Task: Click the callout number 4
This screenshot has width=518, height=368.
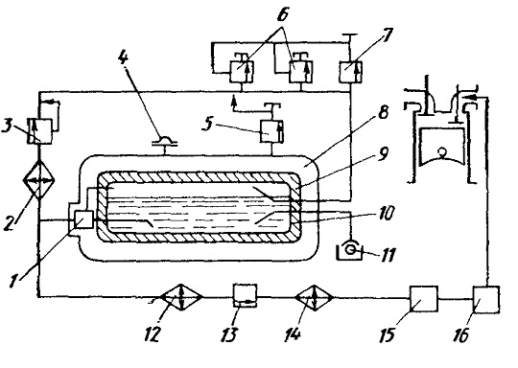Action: pos(123,58)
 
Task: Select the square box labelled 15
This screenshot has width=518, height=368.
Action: pos(424,299)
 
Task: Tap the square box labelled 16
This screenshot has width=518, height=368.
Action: pos(486,299)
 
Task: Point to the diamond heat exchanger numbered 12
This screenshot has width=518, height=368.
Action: pos(180,297)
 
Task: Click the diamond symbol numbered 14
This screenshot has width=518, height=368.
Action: pos(315,298)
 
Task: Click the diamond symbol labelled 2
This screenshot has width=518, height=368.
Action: pos(39,180)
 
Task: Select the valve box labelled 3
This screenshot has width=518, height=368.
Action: pos(39,131)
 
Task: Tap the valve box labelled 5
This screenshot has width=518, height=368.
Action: pos(272,131)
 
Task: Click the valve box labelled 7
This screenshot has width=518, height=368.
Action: pos(351,72)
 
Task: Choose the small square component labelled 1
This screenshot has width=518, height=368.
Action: pos(83,219)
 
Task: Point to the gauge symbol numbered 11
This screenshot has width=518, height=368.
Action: pos(350,252)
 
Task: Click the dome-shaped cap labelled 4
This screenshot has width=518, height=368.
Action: pos(165,141)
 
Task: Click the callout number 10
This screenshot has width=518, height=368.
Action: pos(386,213)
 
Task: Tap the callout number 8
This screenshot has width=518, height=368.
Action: pos(383,112)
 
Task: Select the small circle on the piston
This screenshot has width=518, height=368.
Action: pos(441,152)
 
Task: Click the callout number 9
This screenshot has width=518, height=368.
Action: pos(383,153)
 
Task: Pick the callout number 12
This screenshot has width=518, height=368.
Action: pos(153,333)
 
